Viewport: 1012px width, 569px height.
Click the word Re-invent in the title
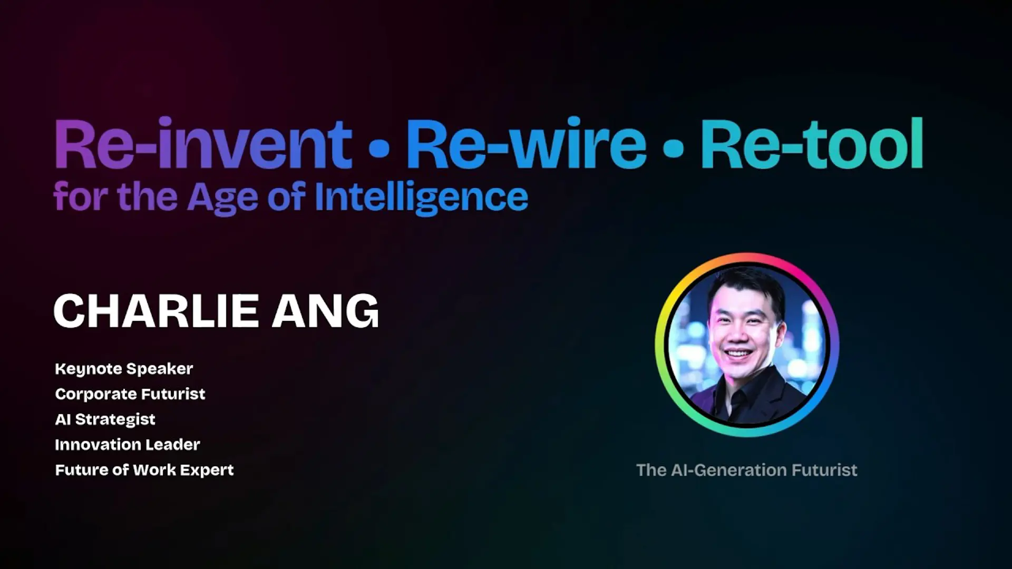pyautogui.click(x=203, y=143)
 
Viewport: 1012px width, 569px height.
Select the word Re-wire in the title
pyautogui.click(x=526, y=143)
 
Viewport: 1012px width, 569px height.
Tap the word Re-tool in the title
pyautogui.click(x=812, y=143)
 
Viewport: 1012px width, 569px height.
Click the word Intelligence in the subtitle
pyautogui.click(x=421, y=198)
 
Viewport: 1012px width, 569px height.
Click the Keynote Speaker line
pyautogui.click(x=124, y=369)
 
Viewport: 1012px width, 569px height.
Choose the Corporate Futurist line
pyautogui.click(x=130, y=394)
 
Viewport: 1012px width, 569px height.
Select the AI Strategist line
pyautogui.click(x=105, y=419)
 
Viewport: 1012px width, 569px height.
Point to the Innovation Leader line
pyautogui.click(x=128, y=445)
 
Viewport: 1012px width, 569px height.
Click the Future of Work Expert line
pyautogui.click(x=144, y=470)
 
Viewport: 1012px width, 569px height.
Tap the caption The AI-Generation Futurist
pyautogui.click(x=747, y=470)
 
